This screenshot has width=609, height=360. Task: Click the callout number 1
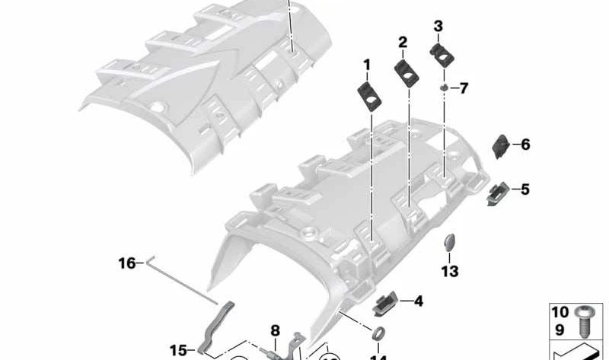pyautogui.click(x=366, y=65)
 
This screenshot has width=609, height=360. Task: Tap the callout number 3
pyautogui.click(x=438, y=26)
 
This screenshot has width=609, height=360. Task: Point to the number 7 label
pyautogui.click(x=464, y=89)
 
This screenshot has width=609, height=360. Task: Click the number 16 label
pyautogui.click(x=126, y=263)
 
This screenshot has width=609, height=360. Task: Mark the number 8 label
pyautogui.click(x=276, y=330)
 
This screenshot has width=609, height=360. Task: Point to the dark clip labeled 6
pyautogui.click(x=502, y=143)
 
